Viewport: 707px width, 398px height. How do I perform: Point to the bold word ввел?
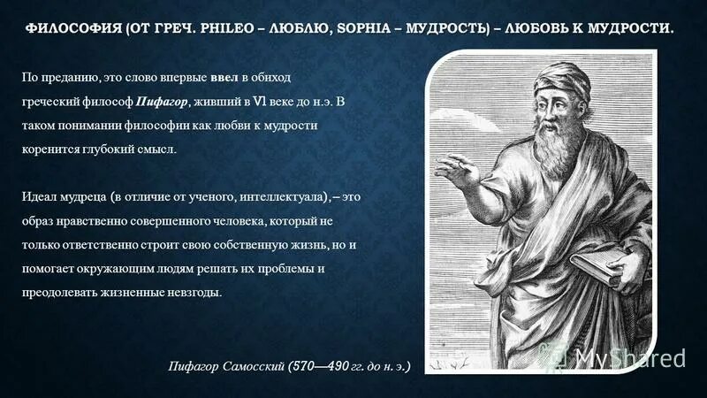[x=224, y=79]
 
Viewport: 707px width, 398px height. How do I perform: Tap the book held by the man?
[x=602, y=265]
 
